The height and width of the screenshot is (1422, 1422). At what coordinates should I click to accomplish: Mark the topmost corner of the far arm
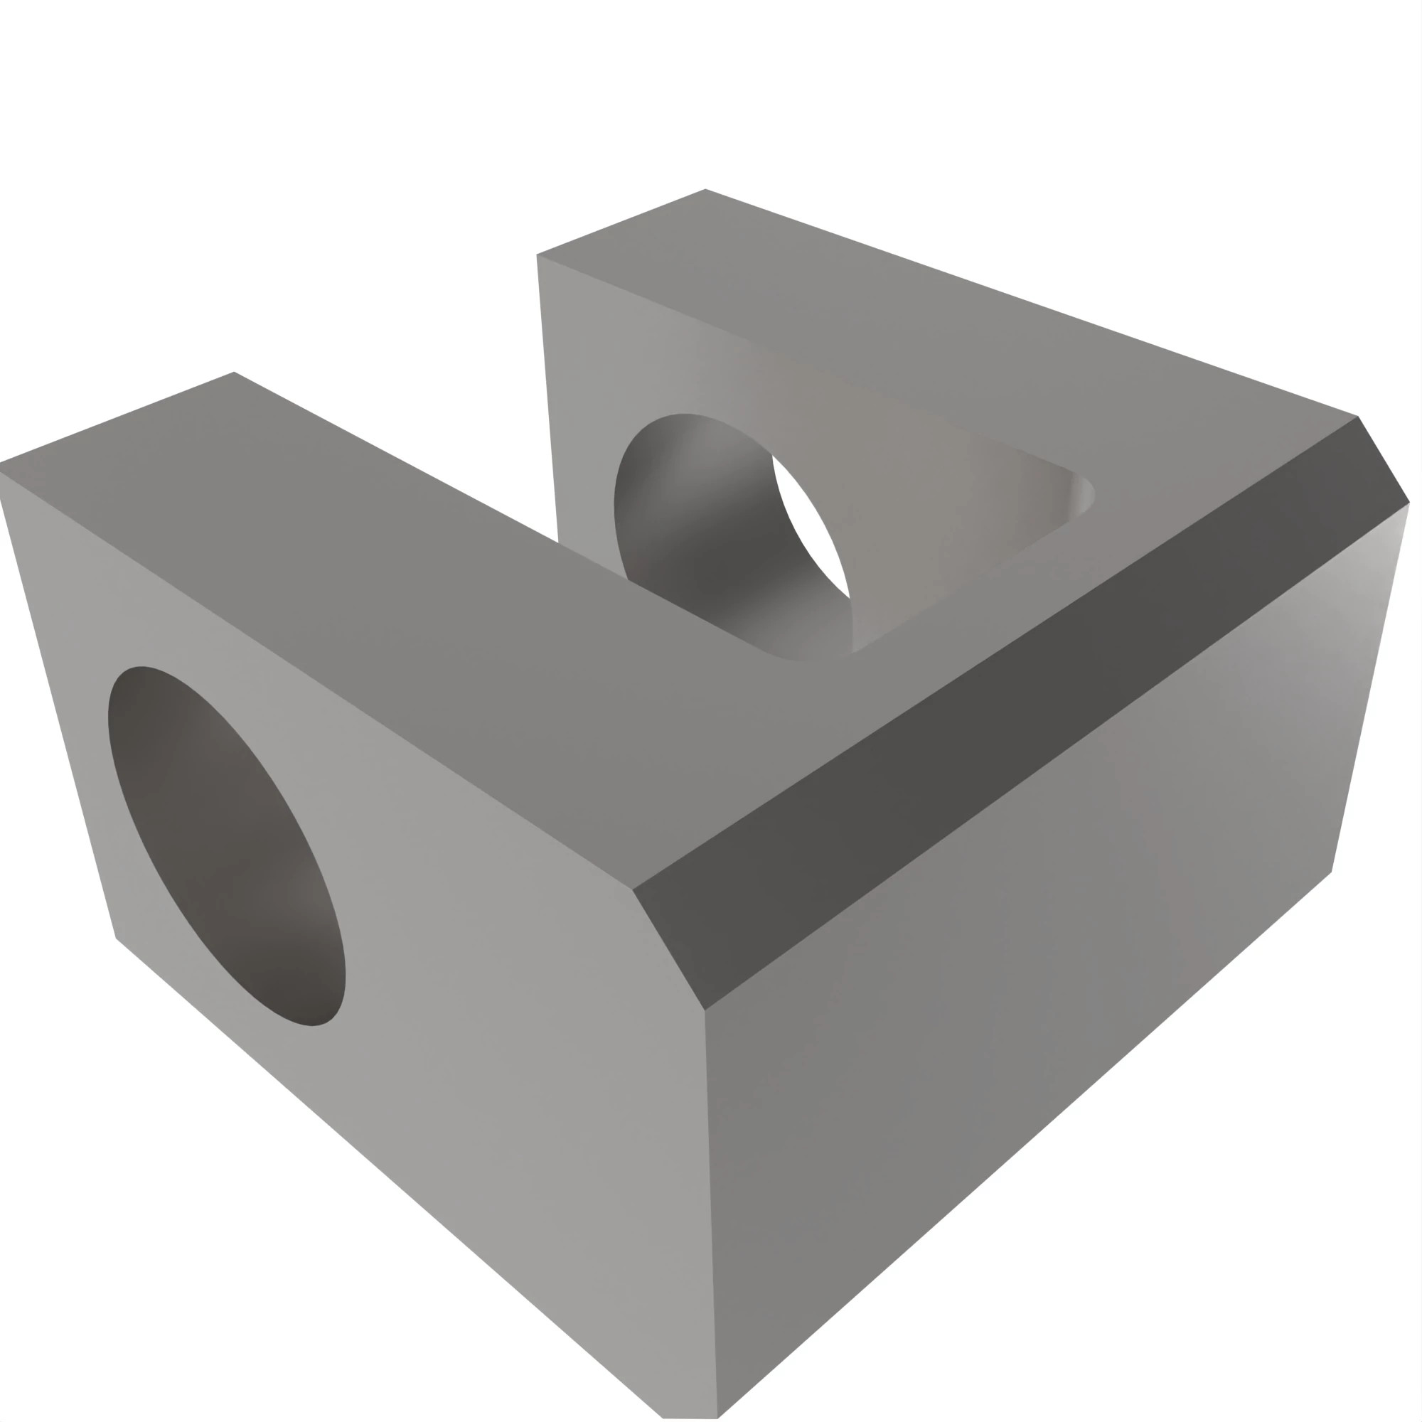(x=705, y=189)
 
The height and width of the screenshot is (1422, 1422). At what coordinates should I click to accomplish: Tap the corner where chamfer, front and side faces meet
(x=705, y=1010)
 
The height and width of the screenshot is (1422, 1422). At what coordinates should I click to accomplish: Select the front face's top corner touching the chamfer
(x=632, y=889)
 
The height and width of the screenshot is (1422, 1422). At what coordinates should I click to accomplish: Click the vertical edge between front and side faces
(x=710, y=1214)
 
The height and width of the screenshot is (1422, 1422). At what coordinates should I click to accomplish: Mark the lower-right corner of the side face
(x=1332, y=872)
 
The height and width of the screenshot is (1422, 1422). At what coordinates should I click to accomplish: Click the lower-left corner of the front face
(x=117, y=939)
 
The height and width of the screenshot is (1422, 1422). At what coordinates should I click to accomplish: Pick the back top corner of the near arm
(x=234, y=372)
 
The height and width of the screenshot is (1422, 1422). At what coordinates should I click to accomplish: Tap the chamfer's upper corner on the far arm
(x=1358, y=417)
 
